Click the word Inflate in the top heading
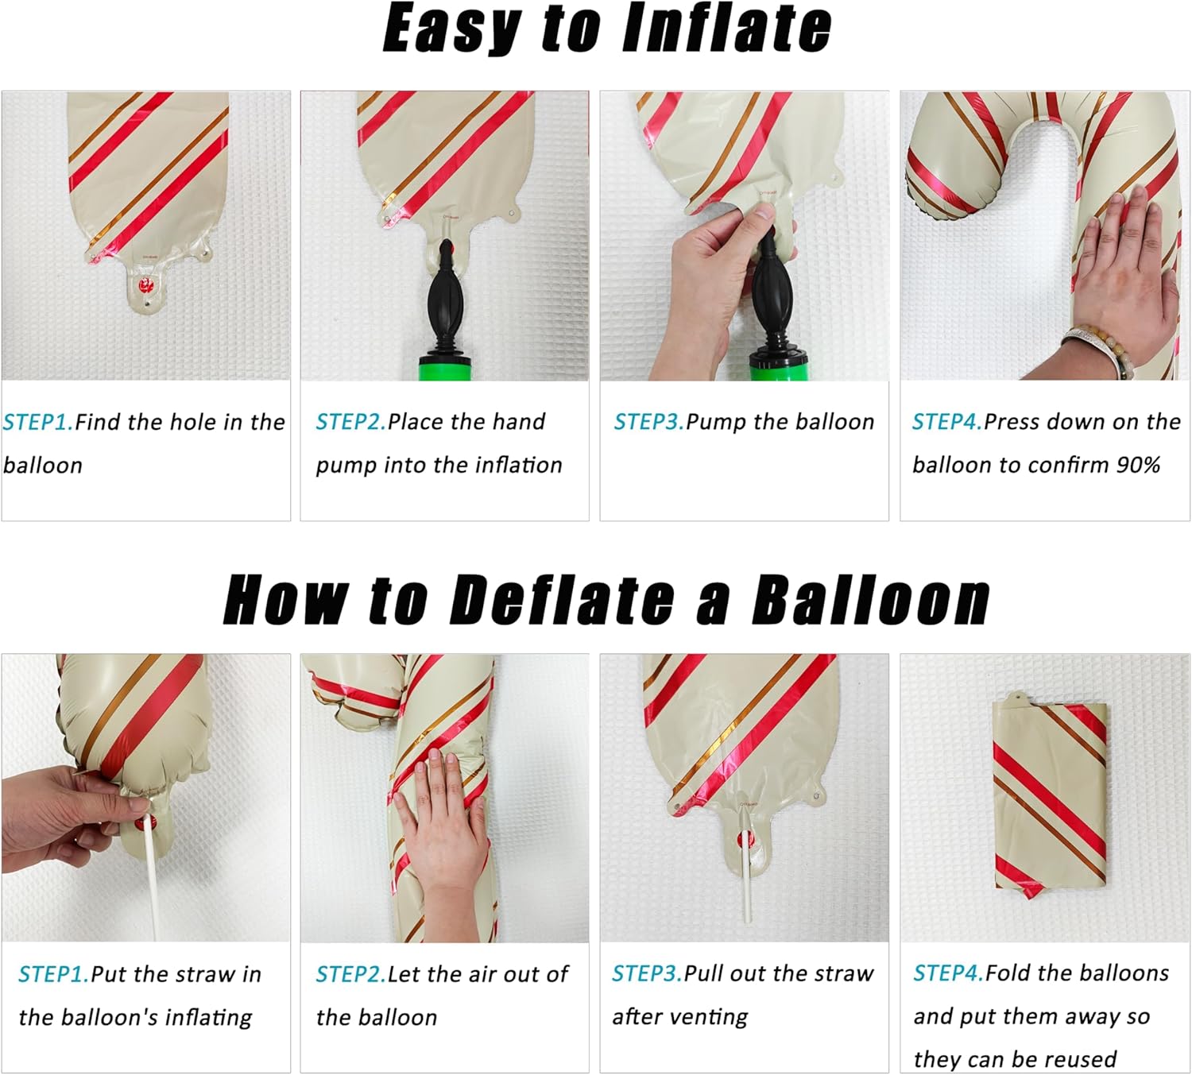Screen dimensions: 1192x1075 (727, 28)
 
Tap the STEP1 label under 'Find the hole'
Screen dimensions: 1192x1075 (38, 423)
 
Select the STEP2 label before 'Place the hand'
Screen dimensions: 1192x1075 (350, 422)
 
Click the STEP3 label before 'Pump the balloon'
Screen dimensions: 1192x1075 (649, 422)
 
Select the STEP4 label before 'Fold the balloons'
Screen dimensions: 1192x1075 (948, 973)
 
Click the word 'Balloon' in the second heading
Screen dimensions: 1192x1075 (870, 599)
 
